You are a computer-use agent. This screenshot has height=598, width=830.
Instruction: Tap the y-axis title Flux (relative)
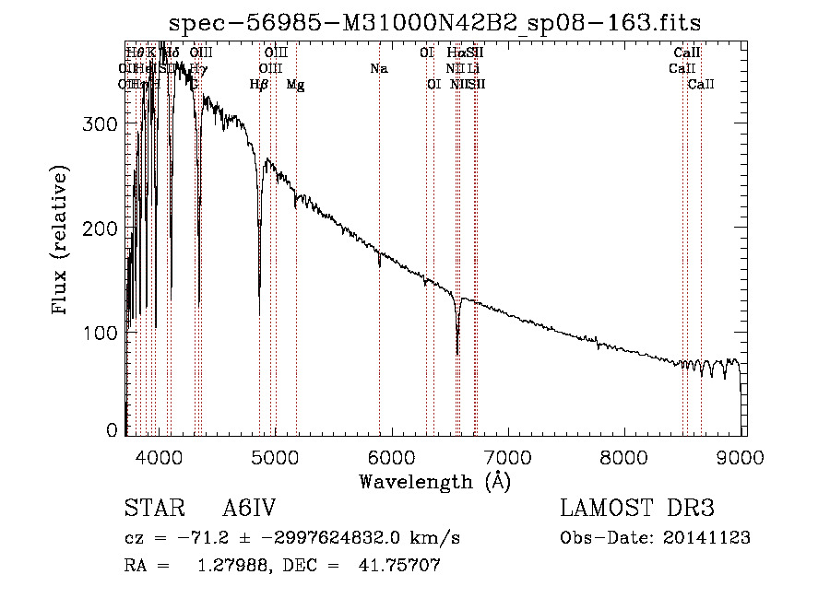pyautogui.click(x=62, y=241)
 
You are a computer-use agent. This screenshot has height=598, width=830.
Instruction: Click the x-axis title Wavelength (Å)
pyautogui.click(x=434, y=481)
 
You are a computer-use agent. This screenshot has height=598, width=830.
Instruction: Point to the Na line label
pyautogui.click(x=379, y=68)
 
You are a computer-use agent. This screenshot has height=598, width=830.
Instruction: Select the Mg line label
pyautogui.click(x=296, y=84)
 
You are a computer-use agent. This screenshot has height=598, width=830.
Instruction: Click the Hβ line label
pyautogui.click(x=259, y=84)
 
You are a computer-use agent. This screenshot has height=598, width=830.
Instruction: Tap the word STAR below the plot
pyautogui.click(x=152, y=509)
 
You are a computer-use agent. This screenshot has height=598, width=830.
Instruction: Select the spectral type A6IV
pyautogui.click(x=250, y=509)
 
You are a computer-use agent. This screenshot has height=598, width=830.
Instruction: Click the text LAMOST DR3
pyautogui.click(x=637, y=509)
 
